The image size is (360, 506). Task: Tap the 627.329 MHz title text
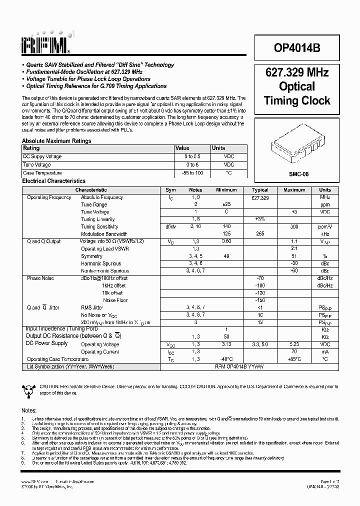click(297, 72)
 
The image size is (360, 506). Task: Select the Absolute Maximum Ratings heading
click(56, 141)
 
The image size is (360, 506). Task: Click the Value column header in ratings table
click(182, 148)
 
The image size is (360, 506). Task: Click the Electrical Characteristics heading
click(54, 181)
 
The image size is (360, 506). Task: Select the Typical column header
click(260, 190)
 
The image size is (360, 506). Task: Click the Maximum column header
click(294, 190)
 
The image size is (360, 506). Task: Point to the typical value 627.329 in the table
click(260, 197)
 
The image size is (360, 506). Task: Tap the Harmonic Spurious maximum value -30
click(294, 263)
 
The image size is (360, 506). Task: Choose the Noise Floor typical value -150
click(260, 300)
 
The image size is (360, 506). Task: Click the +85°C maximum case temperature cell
click(294, 359)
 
